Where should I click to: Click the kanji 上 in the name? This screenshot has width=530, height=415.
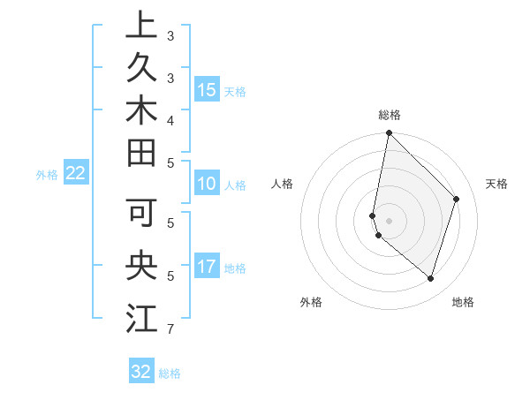(x=140, y=24)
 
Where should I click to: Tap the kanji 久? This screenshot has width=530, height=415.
(x=140, y=68)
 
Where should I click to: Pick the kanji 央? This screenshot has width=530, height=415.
(x=140, y=265)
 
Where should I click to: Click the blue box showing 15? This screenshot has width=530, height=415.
(x=207, y=89)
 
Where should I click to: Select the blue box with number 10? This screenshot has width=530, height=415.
(x=207, y=184)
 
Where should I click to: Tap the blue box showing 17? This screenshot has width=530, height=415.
(x=207, y=267)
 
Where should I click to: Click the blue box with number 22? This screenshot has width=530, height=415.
(x=75, y=173)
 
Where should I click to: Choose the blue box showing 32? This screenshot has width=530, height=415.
(x=141, y=372)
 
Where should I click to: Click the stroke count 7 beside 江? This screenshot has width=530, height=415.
(x=170, y=330)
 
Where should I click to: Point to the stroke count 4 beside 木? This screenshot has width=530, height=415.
(x=170, y=120)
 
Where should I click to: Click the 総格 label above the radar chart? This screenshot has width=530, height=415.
(x=389, y=115)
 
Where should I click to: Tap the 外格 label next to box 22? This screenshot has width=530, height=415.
(x=47, y=175)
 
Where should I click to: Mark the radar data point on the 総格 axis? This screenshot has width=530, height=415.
(x=389, y=132)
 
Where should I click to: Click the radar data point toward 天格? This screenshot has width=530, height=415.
(x=457, y=199)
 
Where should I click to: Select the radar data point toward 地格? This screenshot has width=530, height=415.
(x=430, y=278)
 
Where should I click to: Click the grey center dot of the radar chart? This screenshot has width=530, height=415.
(x=389, y=220)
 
